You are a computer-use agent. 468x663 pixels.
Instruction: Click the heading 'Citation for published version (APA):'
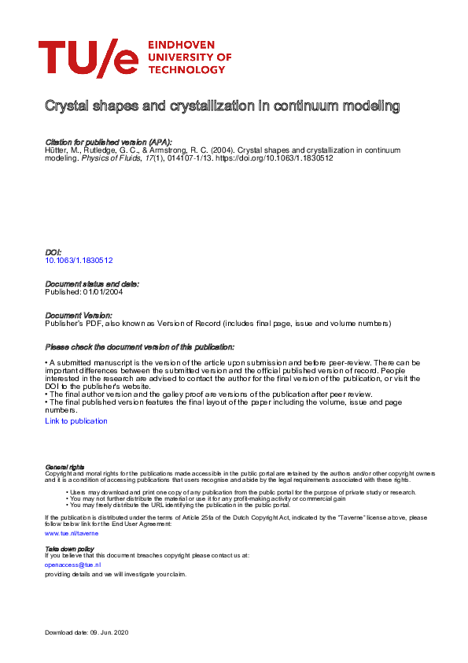click(109, 142)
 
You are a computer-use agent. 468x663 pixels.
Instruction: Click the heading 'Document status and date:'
click(92, 283)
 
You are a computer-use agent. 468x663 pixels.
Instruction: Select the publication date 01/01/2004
click(102, 291)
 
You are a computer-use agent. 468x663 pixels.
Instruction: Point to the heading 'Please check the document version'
click(139, 347)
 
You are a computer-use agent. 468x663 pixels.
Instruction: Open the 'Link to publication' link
click(76, 421)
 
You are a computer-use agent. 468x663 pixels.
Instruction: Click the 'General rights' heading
click(65, 467)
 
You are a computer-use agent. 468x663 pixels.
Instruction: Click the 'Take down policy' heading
click(69, 548)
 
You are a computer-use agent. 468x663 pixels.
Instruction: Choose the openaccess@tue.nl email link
click(73, 565)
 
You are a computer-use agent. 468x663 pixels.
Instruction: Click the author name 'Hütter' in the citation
click(56, 150)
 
